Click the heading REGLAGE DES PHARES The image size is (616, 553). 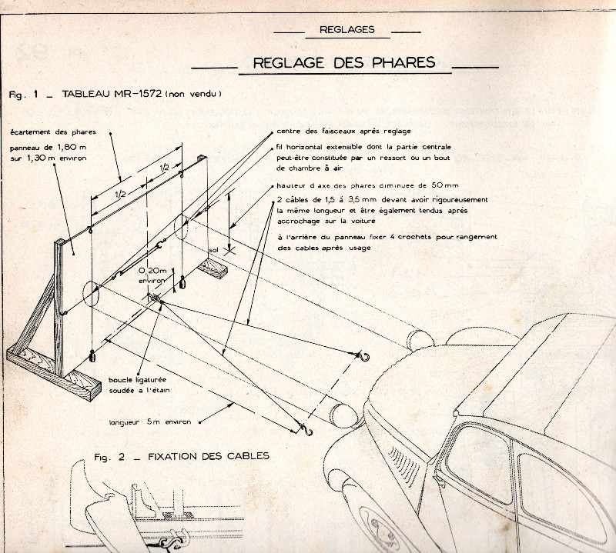(336, 62)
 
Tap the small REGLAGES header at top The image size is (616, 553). (346, 30)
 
